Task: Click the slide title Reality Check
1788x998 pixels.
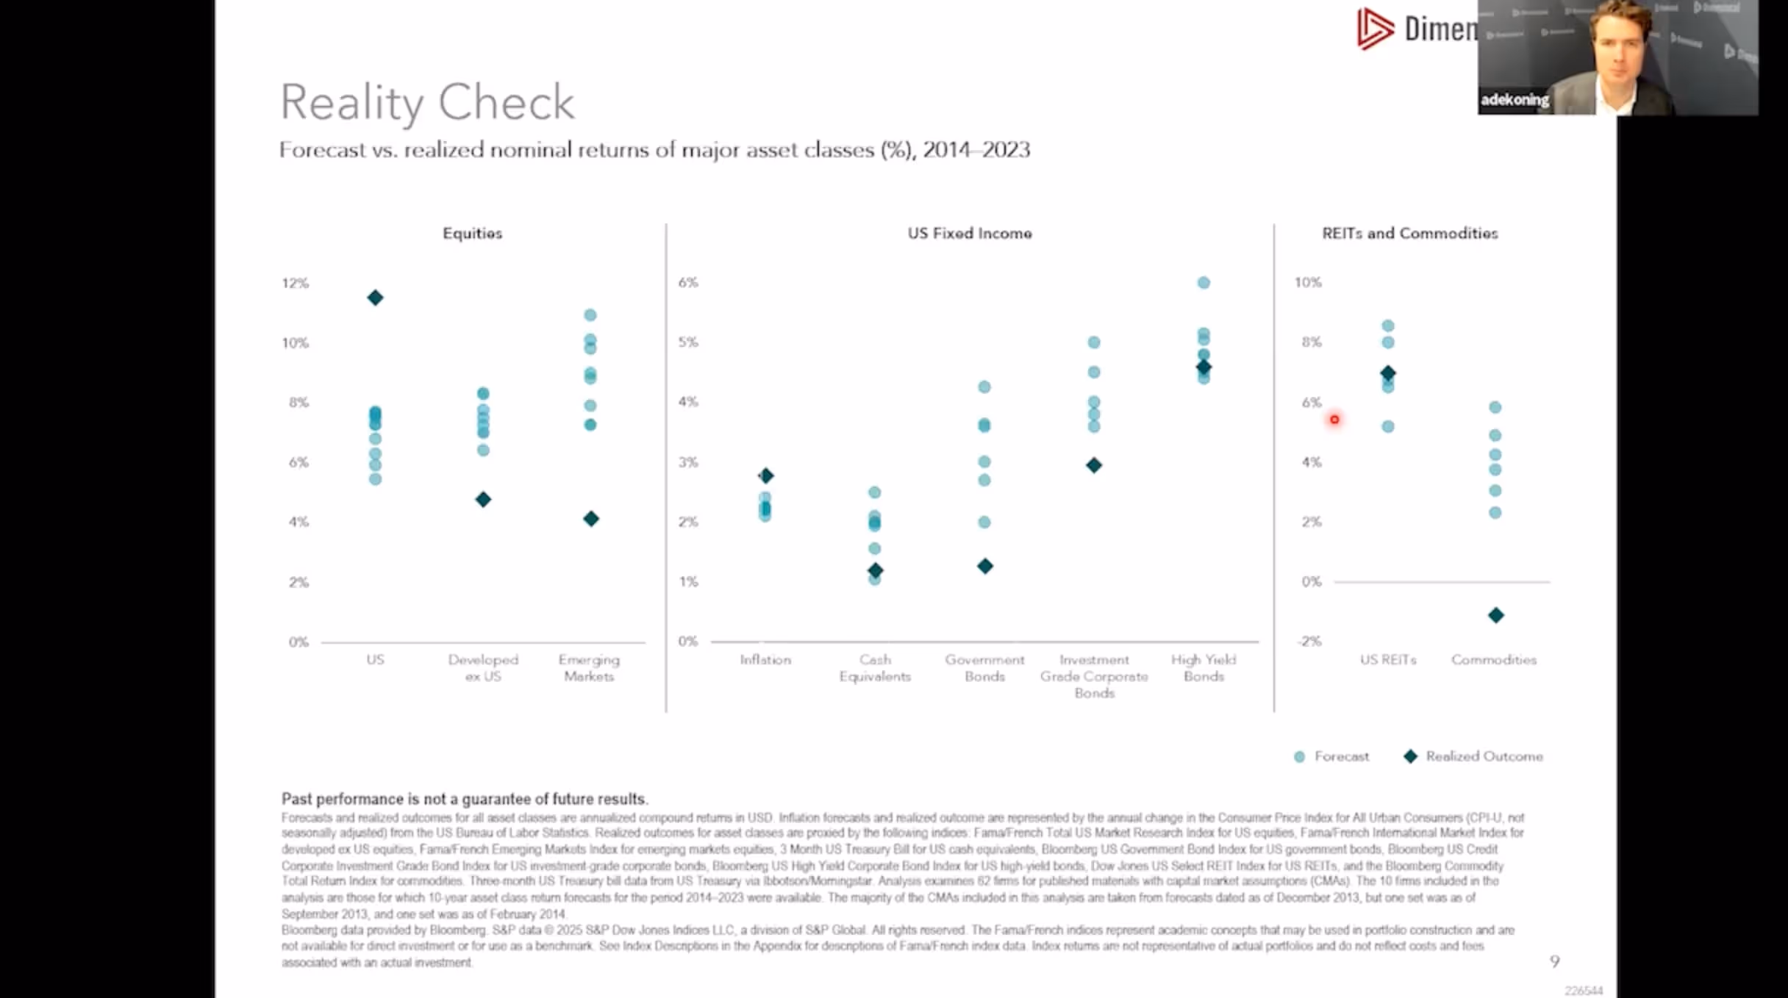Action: click(427, 102)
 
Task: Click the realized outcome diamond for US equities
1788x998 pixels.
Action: click(375, 298)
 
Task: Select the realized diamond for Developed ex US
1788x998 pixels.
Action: click(483, 500)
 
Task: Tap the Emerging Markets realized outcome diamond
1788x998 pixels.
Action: click(591, 519)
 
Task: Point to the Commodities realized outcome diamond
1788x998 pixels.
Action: click(1495, 615)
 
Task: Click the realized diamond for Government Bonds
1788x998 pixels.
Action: click(985, 566)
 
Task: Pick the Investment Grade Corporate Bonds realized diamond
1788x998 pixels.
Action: click(1094, 465)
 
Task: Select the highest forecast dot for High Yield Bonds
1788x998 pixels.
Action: click(1204, 283)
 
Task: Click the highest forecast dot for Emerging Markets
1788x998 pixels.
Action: click(590, 315)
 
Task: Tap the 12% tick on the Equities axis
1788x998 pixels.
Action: click(296, 283)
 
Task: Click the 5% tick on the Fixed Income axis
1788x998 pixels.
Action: click(688, 342)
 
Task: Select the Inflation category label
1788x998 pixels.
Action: click(765, 660)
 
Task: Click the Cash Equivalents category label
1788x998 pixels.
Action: click(875, 668)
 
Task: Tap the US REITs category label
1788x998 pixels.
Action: click(1387, 660)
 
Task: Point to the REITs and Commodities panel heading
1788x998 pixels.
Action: click(1409, 234)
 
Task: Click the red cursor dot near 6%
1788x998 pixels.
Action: click(1334, 420)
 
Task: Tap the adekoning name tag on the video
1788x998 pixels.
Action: click(1515, 100)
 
